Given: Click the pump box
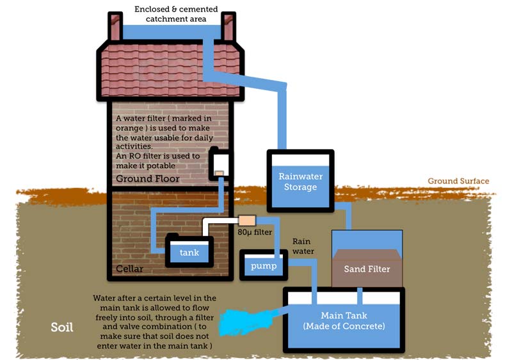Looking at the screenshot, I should click(263, 265).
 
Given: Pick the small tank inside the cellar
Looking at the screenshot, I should click(189, 252).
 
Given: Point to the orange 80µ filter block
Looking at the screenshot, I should click(246, 220).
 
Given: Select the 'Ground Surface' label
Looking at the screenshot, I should click(458, 181).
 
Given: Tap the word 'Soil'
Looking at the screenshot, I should click(62, 328).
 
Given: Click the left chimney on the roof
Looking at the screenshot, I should click(115, 27).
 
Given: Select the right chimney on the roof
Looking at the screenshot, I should click(228, 27).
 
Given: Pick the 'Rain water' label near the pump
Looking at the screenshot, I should click(303, 246).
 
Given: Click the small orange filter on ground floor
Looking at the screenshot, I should click(218, 173).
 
